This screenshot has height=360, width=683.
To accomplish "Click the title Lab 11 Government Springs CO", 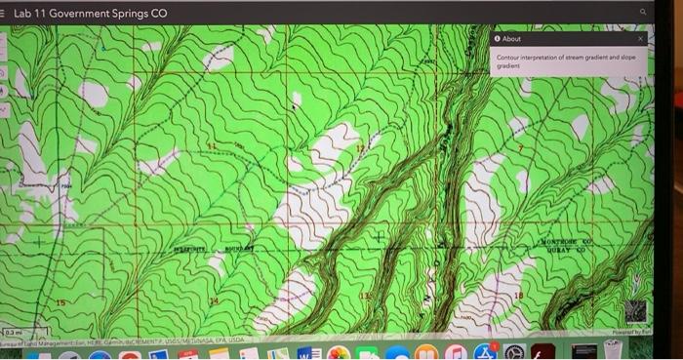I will coord(90,14).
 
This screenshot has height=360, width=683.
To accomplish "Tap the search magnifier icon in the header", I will coord(643,12).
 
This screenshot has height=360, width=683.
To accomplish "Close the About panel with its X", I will coord(641,39).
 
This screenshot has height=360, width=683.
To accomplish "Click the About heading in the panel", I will coord(511,39).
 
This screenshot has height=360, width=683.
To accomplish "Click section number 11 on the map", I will coord(209,146).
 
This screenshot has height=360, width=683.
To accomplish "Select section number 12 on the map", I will coord(359,148).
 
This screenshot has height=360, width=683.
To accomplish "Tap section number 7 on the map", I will coord(520,149).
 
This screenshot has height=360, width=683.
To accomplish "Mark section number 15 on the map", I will coord(60,303).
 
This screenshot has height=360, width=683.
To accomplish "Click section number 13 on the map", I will coord(365,296).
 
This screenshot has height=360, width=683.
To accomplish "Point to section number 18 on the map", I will coord(519,295).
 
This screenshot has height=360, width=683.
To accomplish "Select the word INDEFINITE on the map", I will coord(192,250).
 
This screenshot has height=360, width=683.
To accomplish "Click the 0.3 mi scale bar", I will coord(14,332).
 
